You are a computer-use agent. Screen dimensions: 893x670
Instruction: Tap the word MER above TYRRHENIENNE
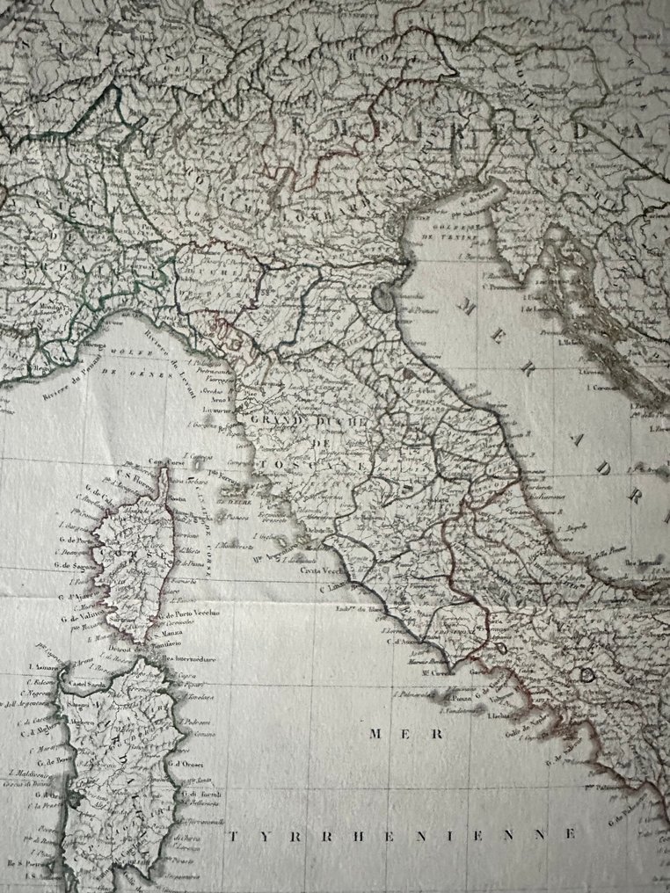click(389, 732)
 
